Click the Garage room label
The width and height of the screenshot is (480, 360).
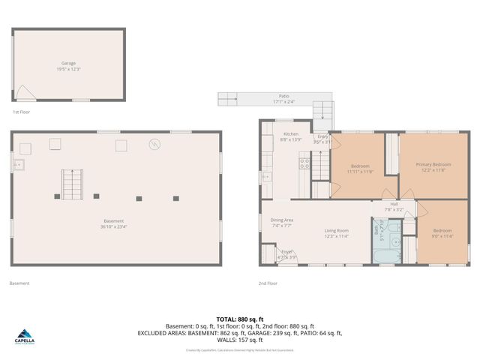coord(68,64)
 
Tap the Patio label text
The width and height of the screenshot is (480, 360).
coord(283,96)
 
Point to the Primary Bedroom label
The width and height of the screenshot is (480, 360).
coord(433,163)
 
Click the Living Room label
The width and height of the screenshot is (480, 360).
coord(336,230)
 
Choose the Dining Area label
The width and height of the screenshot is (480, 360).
coord(282,220)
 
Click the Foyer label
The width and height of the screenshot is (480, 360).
coord(286,251)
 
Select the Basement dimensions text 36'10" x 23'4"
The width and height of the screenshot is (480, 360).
coord(114,226)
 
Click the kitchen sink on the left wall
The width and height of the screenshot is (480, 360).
coord(268,177)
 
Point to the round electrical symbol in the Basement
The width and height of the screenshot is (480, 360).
coord(155,144)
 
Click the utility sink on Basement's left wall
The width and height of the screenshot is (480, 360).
coord(18,164)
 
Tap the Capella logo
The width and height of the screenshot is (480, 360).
coord(25,337)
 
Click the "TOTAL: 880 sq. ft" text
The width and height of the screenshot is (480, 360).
coord(239,319)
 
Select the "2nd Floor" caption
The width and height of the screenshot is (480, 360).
coord(268,283)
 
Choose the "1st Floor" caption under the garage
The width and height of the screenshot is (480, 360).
coord(21,112)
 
